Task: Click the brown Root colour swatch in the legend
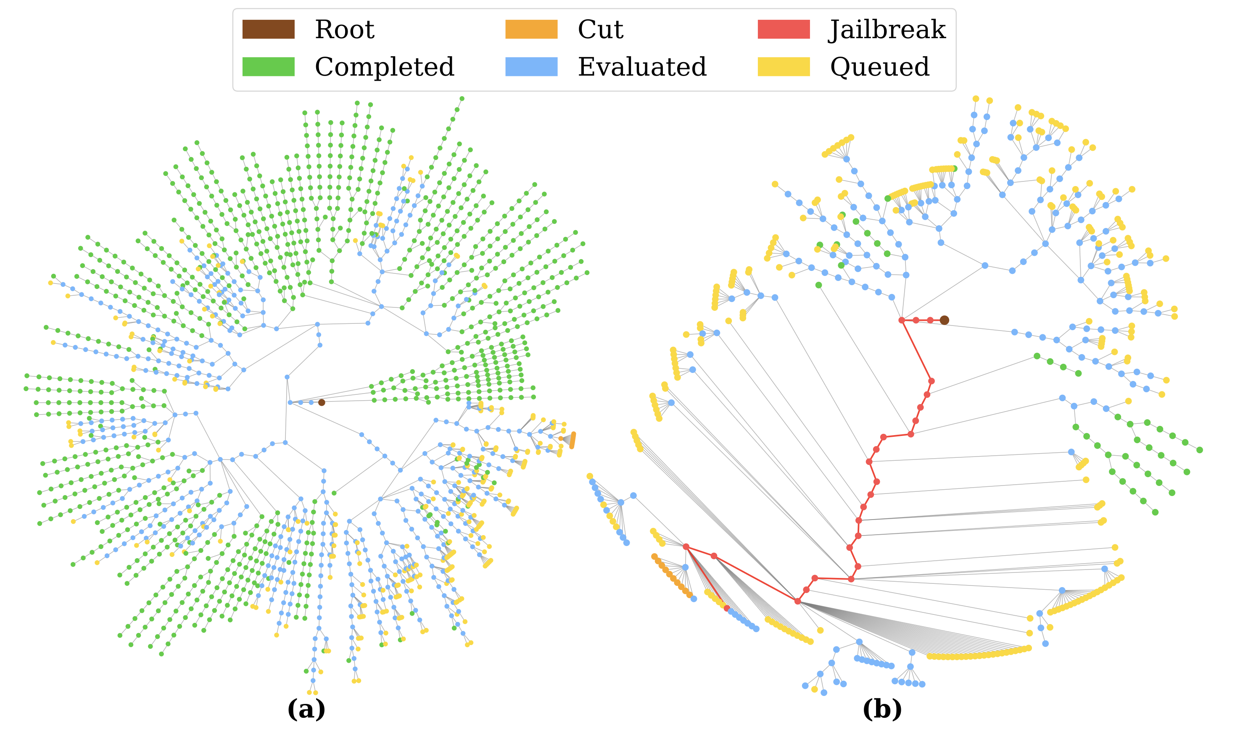pyautogui.click(x=268, y=29)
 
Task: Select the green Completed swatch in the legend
pyautogui.click(x=268, y=66)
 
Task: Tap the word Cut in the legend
pyautogui.click(x=600, y=29)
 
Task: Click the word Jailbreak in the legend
pyautogui.click(x=887, y=29)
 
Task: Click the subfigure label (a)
pyautogui.click(x=306, y=709)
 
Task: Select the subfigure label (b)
pyautogui.click(x=882, y=709)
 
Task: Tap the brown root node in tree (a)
pyautogui.click(x=322, y=402)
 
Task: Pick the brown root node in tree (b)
pyautogui.click(x=945, y=320)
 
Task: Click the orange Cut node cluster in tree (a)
pyautogui.click(x=573, y=440)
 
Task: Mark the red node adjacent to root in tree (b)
pyautogui.click(x=930, y=320)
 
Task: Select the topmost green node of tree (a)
pyautogui.click(x=462, y=99)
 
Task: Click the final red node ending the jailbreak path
pyautogui.click(x=726, y=608)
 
